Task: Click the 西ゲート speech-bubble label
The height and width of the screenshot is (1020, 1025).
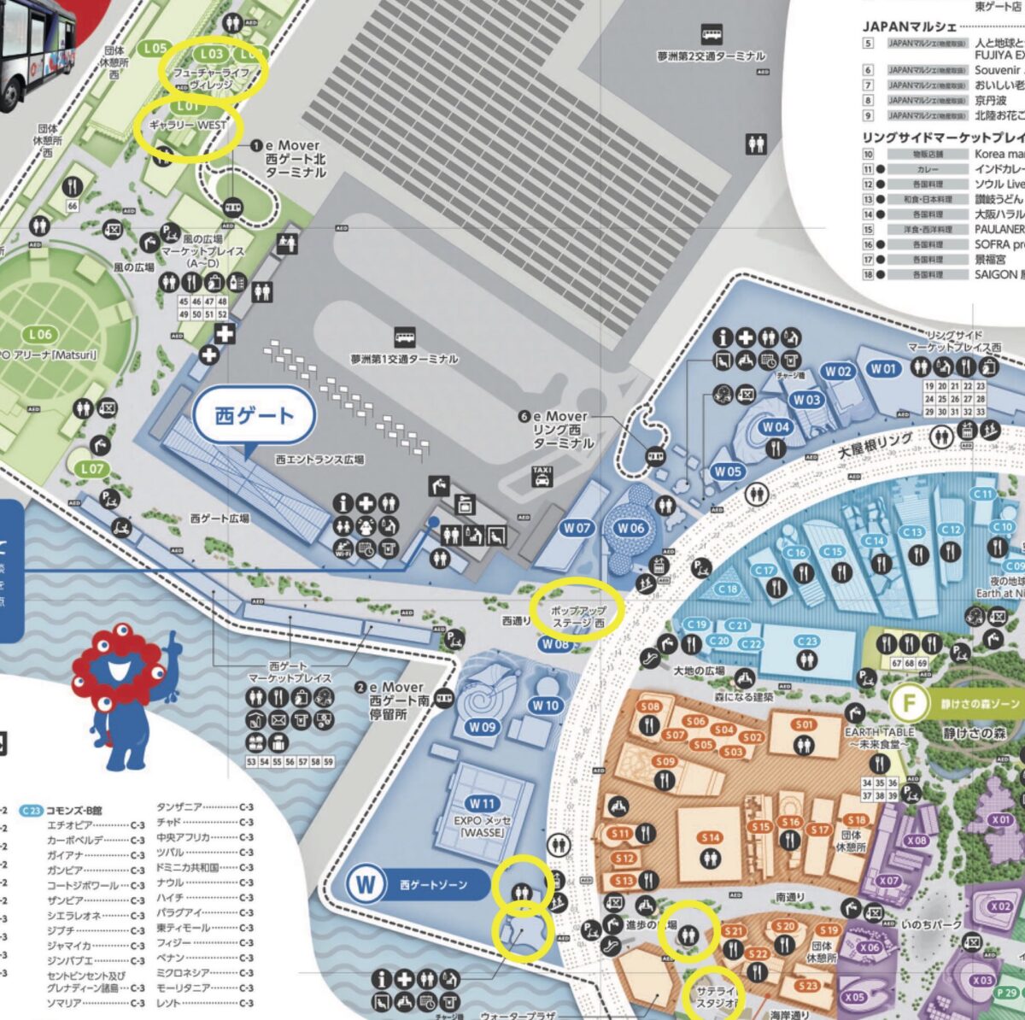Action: pos(255,417)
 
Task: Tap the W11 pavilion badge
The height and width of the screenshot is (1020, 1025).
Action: pos(482,804)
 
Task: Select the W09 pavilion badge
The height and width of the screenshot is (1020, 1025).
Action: pos(482,727)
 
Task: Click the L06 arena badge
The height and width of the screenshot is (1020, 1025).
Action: pos(39,334)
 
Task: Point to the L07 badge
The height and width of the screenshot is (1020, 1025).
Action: pos(91,468)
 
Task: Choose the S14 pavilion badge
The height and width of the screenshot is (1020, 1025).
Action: pos(711,838)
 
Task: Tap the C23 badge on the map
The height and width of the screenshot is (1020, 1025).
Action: pos(807,641)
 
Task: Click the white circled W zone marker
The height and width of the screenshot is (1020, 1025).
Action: pos(366,884)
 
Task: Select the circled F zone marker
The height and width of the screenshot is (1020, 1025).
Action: pos(909,704)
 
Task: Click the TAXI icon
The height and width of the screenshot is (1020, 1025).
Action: pos(542,476)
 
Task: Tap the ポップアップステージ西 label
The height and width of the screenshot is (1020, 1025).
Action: pos(578,618)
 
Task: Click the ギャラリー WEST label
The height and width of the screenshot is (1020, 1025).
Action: pos(188,125)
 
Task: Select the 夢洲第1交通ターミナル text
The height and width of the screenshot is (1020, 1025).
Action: pos(404,359)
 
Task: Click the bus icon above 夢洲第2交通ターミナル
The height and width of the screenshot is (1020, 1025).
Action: pos(711,35)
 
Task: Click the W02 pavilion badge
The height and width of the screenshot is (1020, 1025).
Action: pos(838,371)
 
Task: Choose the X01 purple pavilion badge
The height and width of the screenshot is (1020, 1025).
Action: pos(1001,819)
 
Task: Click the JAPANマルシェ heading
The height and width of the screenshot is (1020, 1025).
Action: pos(909,27)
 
